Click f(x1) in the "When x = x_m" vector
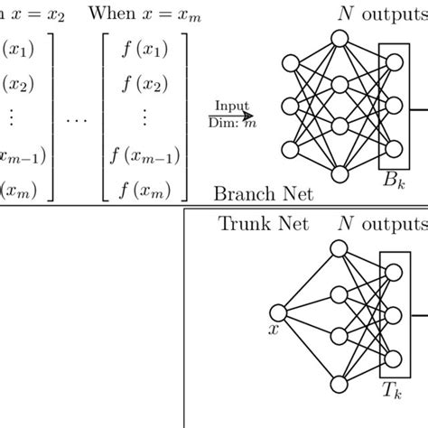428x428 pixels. (x=145, y=49)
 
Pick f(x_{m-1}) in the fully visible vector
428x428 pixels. (x=145, y=156)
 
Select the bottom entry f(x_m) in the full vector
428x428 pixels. (x=145, y=189)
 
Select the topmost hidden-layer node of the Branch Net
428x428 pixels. (x=340, y=40)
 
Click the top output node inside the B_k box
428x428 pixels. (x=395, y=61)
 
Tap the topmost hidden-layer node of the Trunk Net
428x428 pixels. (x=340, y=253)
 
